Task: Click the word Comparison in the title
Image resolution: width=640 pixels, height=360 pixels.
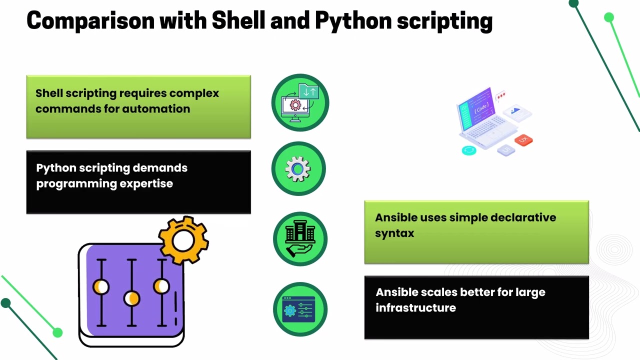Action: tap(90, 21)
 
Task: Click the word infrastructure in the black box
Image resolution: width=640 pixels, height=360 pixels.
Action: tap(415, 308)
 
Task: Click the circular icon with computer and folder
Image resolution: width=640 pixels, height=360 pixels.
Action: tap(300, 102)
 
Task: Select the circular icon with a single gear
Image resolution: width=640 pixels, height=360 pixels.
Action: tap(298, 169)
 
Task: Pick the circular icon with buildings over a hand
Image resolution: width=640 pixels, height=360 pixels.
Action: tap(300, 239)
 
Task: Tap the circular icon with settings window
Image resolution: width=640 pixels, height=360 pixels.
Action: tap(300, 309)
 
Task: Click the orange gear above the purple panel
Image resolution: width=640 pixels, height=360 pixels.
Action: tap(183, 240)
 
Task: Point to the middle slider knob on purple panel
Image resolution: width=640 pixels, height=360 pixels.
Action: tap(131, 298)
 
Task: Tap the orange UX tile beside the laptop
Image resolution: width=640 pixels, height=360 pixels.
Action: tap(523, 140)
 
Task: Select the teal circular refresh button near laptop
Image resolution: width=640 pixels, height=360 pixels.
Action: tap(469, 150)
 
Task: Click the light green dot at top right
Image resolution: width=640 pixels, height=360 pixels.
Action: tap(608, 18)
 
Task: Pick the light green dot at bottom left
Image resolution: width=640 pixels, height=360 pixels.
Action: tap(57, 332)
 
